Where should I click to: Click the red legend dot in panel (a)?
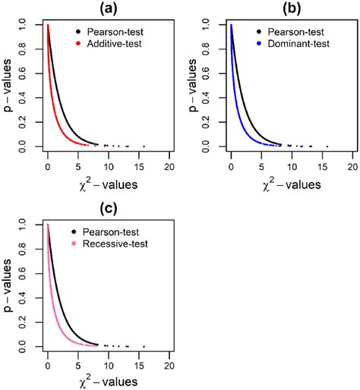coord(77,45)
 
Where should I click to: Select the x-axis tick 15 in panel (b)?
coord(322,165)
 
